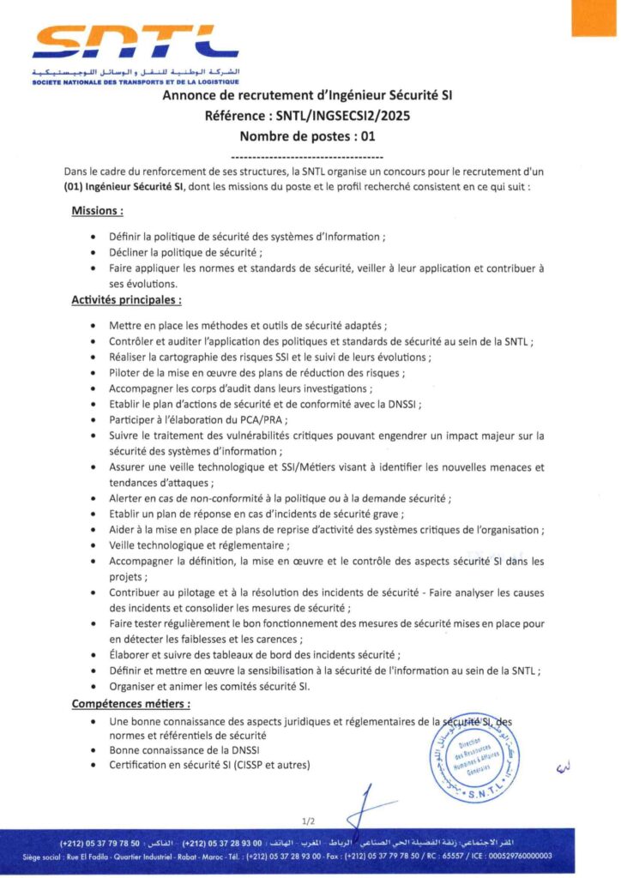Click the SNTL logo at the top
pos(136,43)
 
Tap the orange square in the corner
pos(594,17)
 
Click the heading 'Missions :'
pos(97,211)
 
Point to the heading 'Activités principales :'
pos(126,300)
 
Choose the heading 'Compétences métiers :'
pos(130,704)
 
